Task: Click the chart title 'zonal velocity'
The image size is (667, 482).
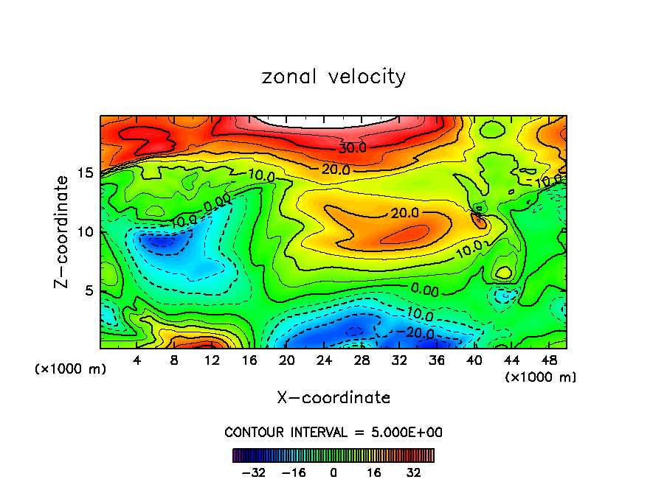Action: (x=333, y=77)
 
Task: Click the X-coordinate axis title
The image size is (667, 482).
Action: (x=333, y=398)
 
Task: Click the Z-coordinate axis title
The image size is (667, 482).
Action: (x=64, y=231)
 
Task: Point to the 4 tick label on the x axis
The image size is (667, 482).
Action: (x=136, y=360)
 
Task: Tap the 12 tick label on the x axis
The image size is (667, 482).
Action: (x=212, y=360)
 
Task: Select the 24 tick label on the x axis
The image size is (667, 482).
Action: (x=324, y=360)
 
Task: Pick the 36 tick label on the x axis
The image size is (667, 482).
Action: (x=437, y=360)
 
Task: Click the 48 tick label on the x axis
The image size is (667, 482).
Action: (x=549, y=360)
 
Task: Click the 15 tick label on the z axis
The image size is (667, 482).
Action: (x=87, y=173)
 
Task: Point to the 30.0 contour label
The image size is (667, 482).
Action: (x=353, y=148)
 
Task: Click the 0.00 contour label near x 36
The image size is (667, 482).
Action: (x=424, y=290)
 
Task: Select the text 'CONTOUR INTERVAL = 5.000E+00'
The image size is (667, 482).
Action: (x=333, y=432)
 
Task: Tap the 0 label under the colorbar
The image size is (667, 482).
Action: (x=333, y=472)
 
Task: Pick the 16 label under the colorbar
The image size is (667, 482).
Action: (x=373, y=472)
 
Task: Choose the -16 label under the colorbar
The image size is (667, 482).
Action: (x=294, y=472)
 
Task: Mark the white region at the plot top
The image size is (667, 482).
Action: (x=333, y=119)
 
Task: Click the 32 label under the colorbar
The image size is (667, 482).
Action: (x=413, y=472)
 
